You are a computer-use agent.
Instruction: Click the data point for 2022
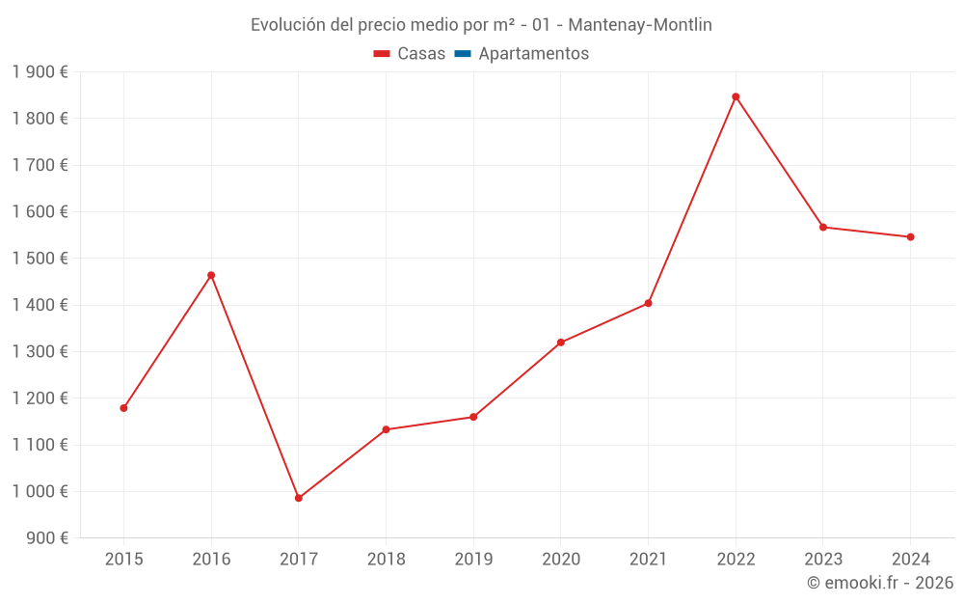736,96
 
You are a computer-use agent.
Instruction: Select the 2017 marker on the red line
299,498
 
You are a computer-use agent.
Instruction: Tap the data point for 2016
211,275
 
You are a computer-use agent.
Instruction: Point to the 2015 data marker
124,408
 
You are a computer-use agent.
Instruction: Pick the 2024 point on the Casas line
910,237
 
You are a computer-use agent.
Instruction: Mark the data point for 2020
561,343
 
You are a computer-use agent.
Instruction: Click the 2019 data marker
473,417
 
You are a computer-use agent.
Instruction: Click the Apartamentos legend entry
533,54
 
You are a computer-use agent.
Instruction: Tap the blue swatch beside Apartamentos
462,54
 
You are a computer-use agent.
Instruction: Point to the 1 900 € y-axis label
40,71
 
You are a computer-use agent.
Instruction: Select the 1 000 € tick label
40,491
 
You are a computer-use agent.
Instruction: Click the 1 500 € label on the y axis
40,259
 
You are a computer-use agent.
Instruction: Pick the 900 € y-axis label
46,537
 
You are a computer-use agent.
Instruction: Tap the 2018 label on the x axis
386,559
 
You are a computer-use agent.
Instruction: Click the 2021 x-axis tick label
648,559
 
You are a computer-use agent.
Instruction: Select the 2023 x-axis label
823,559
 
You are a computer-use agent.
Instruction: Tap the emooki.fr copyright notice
880,583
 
